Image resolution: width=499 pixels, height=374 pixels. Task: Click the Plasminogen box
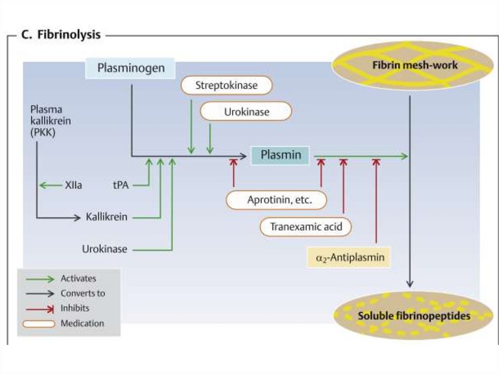click(130, 68)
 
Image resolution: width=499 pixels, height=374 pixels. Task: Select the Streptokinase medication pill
click(226, 85)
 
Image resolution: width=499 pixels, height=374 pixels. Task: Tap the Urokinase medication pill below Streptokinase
click(246, 112)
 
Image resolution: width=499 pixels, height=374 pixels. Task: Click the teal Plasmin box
click(280, 156)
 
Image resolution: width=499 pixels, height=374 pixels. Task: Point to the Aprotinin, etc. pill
click(276, 200)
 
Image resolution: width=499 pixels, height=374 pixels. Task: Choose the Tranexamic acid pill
click(306, 227)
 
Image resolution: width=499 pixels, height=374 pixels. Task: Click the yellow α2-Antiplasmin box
click(349, 257)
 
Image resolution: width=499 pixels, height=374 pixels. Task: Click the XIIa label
click(73, 185)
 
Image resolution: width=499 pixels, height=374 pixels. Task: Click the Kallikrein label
click(106, 217)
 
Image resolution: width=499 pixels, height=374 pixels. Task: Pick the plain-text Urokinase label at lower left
click(104, 249)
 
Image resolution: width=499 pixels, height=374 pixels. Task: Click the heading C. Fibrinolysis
click(61, 35)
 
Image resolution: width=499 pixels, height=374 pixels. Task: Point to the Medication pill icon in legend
click(38, 323)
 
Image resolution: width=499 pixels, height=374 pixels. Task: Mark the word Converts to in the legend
click(82, 294)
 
